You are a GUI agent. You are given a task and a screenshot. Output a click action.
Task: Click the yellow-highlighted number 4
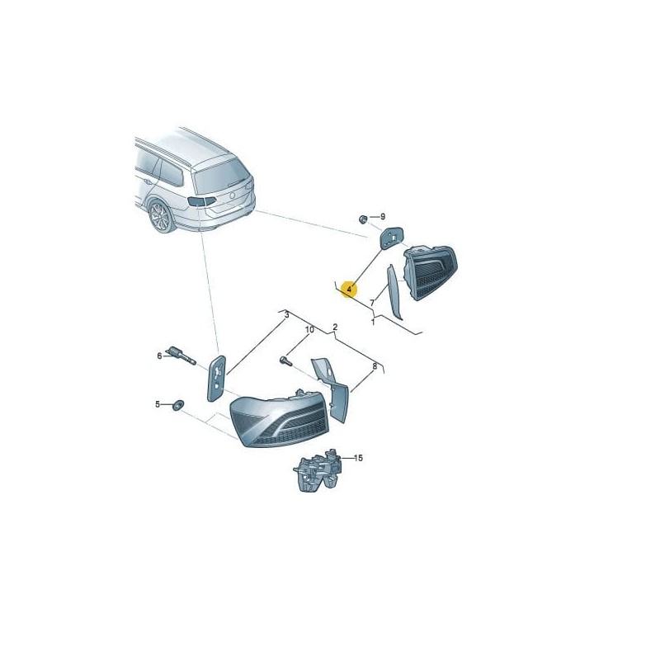pyautogui.click(x=350, y=290)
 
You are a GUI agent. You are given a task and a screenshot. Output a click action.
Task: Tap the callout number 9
pyautogui.click(x=382, y=217)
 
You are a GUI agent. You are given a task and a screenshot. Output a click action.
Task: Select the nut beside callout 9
pyautogui.click(x=363, y=219)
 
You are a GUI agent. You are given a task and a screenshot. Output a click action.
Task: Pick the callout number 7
pyautogui.click(x=372, y=304)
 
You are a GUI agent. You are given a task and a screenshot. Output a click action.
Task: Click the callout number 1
pyautogui.click(x=372, y=322)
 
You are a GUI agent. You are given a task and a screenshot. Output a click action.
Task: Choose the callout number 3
pyautogui.click(x=286, y=314)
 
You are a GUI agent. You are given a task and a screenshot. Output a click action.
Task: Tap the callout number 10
pyautogui.click(x=309, y=330)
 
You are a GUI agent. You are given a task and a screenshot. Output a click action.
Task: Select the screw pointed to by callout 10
pyautogui.click(x=286, y=360)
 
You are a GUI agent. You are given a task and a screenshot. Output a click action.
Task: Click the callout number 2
pyautogui.click(x=335, y=327)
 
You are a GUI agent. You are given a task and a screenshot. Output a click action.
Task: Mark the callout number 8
pyautogui.click(x=375, y=365)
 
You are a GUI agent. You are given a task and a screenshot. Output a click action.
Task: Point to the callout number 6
pyautogui.click(x=159, y=356)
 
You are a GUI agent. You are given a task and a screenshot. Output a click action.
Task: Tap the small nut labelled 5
pyautogui.click(x=177, y=404)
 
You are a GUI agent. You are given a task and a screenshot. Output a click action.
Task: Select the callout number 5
pyautogui.click(x=157, y=404)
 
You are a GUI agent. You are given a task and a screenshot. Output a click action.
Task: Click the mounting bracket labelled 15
pyautogui.click(x=316, y=473)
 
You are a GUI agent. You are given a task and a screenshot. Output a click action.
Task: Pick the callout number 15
pyautogui.click(x=358, y=458)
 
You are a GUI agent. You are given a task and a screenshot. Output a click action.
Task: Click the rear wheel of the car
pyautogui.click(x=160, y=217)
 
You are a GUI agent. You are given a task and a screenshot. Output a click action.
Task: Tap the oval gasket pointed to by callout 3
pyautogui.click(x=216, y=378)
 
